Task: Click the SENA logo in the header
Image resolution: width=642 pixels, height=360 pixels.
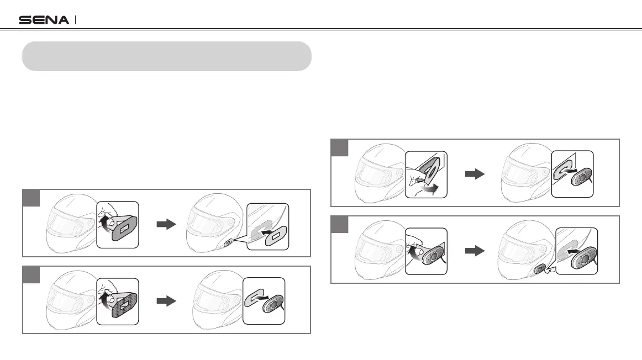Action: pos(44,20)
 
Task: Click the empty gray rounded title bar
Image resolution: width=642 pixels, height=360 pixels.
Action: pos(166,56)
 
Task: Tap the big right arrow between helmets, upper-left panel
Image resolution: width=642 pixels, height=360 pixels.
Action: pos(166,225)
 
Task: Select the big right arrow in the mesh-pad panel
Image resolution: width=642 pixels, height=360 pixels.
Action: pos(166,301)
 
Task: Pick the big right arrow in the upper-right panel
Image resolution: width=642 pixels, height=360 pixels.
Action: pos(474,174)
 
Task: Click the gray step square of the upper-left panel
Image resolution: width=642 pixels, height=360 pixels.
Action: pos(31,198)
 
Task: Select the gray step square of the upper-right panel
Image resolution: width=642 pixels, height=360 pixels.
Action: pos(339,148)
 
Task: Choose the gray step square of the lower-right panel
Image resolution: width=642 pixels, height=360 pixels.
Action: pos(339,224)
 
